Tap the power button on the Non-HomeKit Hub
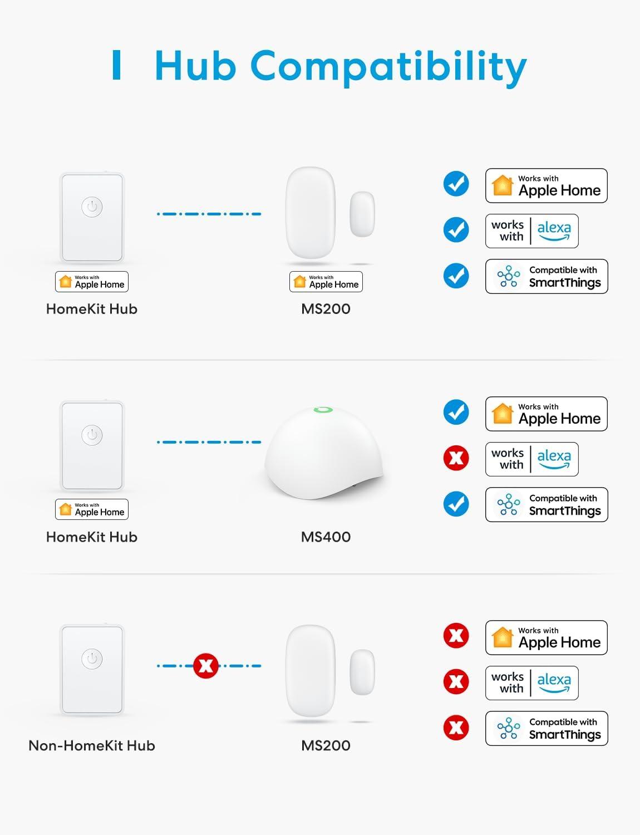tap(92, 659)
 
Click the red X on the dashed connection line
tap(205, 666)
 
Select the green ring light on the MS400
tap(323, 410)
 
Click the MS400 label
tap(326, 537)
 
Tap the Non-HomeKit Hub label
tap(92, 746)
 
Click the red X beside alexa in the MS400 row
tap(456, 459)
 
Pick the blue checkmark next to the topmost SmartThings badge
tap(456, 276)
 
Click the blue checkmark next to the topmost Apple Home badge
tap(456, 184)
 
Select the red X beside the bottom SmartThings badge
tap(456, 728)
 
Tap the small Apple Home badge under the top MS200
tap(326, 282)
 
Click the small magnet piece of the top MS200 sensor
tap(362, 214)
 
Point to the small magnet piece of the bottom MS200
tap(362, 672)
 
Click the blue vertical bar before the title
tap(116, 65)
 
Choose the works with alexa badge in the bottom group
tap(531, 683)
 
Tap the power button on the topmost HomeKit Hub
tap(92, 207)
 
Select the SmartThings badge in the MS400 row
tap(547, 505)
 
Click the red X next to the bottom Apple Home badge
tap(456, 636)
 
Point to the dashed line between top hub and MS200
tap(209, 214)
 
